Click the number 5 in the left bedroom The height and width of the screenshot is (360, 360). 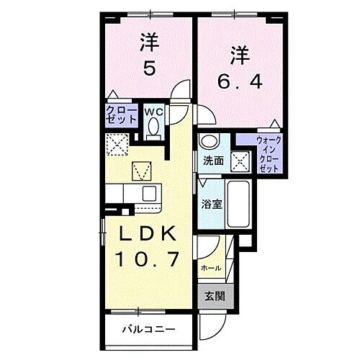pos(150,69)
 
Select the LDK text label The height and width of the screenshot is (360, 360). pos(146,235)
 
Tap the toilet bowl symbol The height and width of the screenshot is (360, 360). pos(152,127)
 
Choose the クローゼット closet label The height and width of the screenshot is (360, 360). pos(117,115)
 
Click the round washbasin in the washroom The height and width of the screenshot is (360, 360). pos(209,142)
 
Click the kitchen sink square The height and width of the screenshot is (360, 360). pos(150,193)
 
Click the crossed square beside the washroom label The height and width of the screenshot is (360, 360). pos(240,161)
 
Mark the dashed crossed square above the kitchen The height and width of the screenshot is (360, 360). pos(116,145)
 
